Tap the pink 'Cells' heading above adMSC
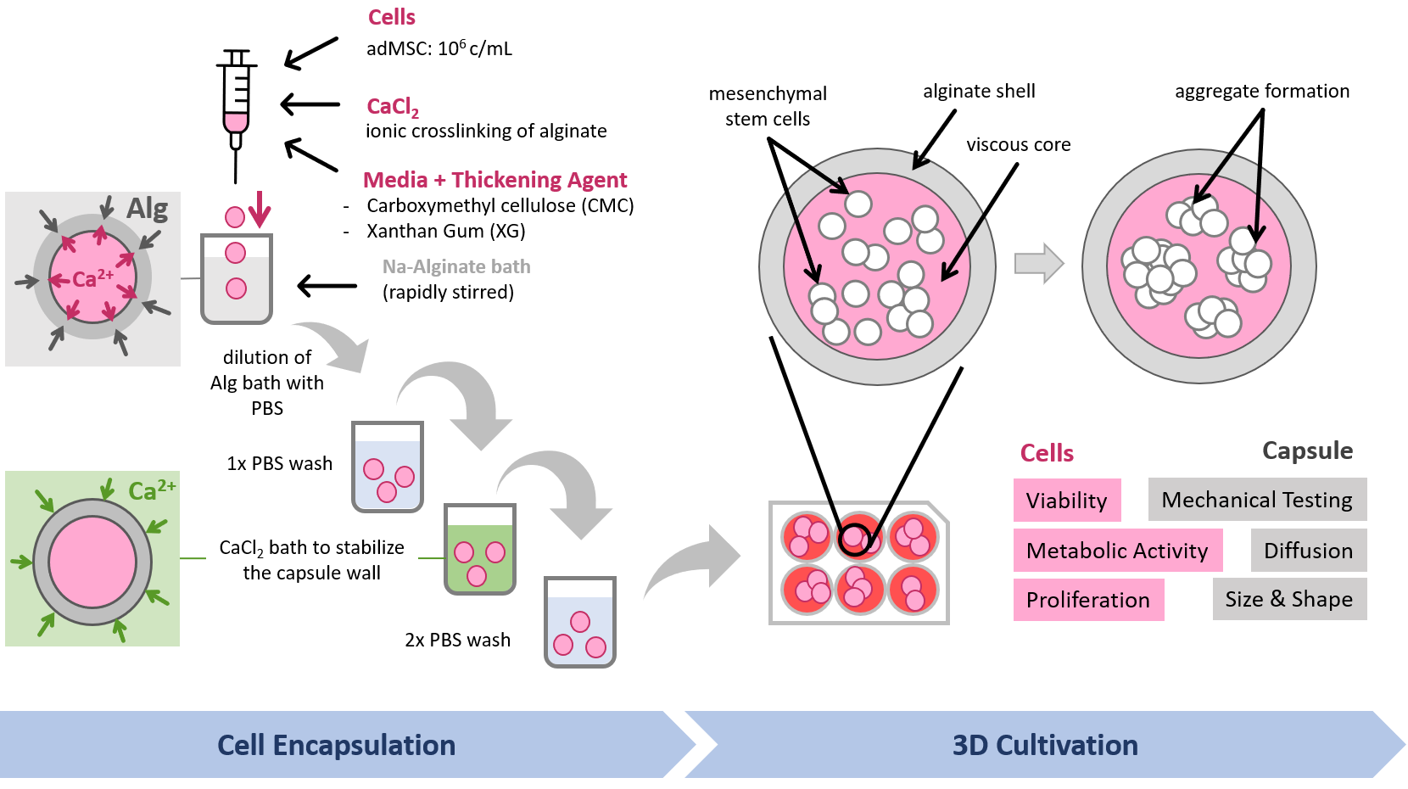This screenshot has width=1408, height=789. click(x=391, y=17)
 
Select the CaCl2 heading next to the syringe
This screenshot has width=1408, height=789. click(x=392, y=107)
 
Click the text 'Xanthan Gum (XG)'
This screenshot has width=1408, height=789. click(x=445, y=231)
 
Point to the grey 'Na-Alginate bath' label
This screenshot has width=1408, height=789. click(x=455, y=266)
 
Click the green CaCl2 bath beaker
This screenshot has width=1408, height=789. click(x=479, y=550)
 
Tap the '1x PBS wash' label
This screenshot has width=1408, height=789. click(x=279, y=463)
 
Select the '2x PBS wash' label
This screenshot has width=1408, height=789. click(x=457, y=640)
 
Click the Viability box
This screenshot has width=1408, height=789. click(x=1066, y=501)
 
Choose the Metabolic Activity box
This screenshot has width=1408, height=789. click(x=1116, y=551)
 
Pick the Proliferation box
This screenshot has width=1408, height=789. click(x=1087, y=600)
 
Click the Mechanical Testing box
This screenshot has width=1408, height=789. click(x=1256, y=500)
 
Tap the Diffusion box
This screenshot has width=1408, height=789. click(x=1308, y=551)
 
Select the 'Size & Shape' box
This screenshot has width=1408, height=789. click(x=1288, y=599)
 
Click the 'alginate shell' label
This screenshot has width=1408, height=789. click(x=979, y=91)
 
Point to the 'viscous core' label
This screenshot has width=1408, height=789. click(x=1018, y=144)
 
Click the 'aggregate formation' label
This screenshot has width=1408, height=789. click(x=1261, y=91)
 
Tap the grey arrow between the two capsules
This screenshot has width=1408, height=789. click(x=1038, y=263)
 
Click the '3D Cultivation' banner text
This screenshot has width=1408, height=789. click(x=1044, y=745)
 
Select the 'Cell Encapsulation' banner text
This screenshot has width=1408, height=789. click(x=336, y=745)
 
